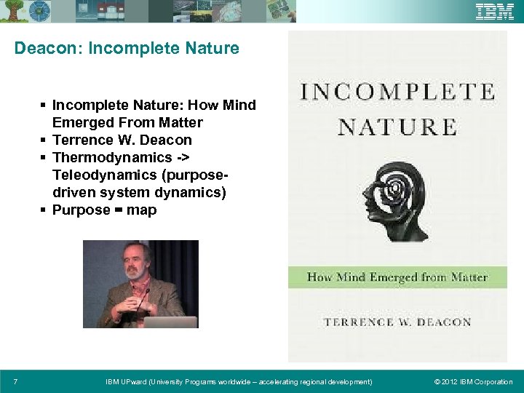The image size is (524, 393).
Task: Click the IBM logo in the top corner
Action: tap(495, 12)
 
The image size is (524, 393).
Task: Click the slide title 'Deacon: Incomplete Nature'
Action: tap(127, 49)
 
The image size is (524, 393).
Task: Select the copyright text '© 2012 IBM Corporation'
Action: tap(473, 382)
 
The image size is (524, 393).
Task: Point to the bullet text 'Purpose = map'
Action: tap(104, 210)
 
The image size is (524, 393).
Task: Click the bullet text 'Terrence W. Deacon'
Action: tap(122, 140)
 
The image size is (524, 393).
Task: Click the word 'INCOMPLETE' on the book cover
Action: tap(397, 92)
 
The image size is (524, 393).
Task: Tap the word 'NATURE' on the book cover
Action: tap(397, 127)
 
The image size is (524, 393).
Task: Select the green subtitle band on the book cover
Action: tap(397, 277)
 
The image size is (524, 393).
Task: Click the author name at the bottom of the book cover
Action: tap(397, 322)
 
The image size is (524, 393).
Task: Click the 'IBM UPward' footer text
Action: tap(239, 382)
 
